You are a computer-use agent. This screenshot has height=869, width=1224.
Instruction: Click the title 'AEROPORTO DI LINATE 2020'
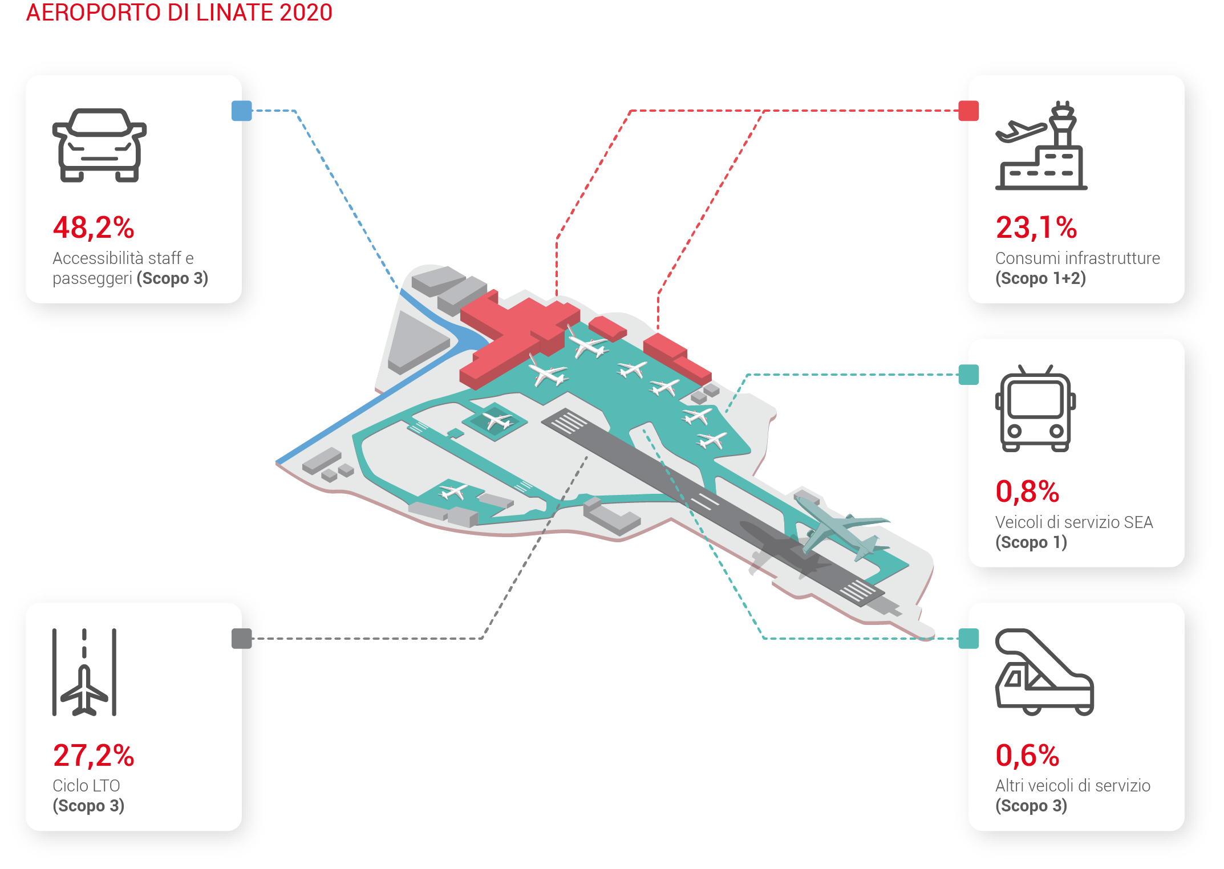179,13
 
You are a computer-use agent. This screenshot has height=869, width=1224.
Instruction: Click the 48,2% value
94,228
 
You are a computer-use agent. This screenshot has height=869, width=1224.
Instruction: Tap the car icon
99,145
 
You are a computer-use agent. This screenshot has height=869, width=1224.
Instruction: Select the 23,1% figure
1036,228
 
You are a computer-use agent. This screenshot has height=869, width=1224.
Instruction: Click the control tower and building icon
1041,145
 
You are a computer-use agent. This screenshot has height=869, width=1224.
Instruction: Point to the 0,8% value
1027,492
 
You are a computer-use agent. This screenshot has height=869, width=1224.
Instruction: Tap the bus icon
1035,408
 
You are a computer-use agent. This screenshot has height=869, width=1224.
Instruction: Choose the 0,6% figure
1027,756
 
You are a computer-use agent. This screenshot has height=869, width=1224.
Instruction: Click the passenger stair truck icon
1044,672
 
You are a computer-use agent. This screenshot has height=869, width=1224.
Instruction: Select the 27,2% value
94,756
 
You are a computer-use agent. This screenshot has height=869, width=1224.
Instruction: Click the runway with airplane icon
84,672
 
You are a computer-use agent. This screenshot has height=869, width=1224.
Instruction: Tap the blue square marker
242,111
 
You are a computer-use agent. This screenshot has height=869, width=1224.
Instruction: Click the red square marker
968,111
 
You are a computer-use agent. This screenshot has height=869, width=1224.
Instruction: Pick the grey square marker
242,639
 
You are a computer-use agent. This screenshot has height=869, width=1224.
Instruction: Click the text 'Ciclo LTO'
86,786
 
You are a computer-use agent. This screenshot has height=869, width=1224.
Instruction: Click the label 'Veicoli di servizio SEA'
1074,522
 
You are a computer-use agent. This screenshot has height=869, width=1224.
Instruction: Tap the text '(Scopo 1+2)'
1040,278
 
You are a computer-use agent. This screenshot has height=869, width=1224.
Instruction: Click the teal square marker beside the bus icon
968,375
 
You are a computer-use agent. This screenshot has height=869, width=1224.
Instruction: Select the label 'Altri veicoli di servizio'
1073,786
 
